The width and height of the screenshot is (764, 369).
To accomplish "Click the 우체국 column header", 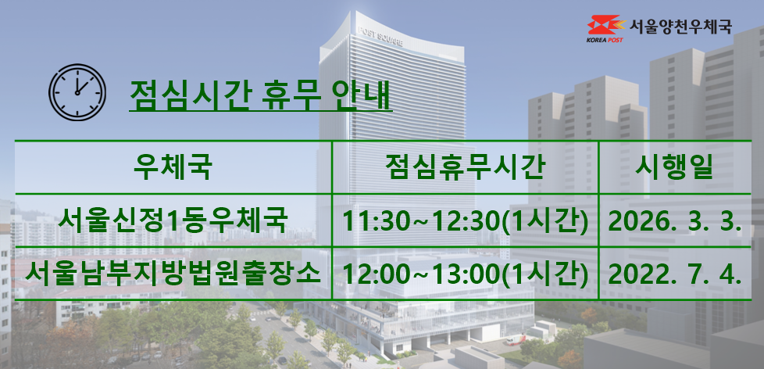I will [x=173, y=167].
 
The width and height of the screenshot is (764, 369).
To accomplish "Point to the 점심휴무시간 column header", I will [x=465, y=167].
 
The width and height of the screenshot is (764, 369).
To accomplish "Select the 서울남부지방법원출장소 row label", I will [x=173, y=274].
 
